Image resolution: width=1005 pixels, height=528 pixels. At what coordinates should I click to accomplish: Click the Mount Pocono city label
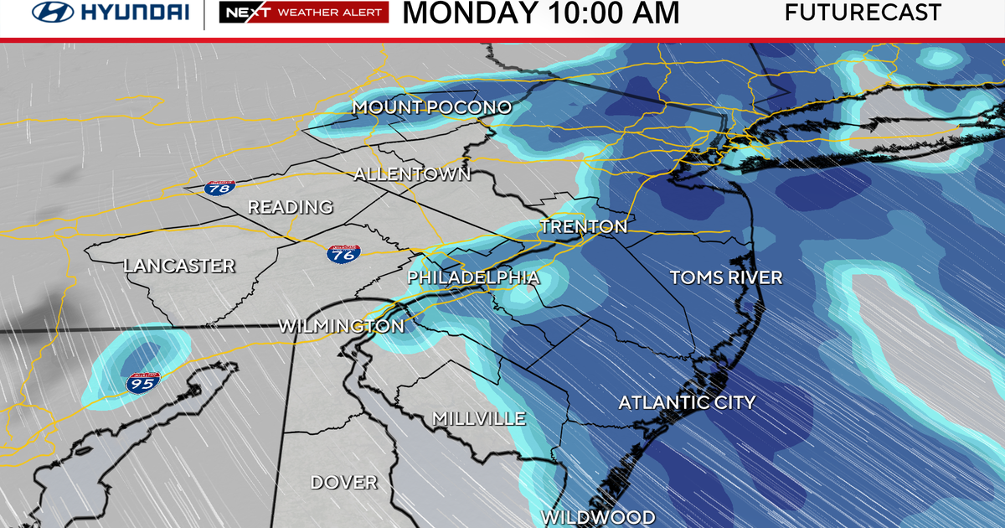click(431, 107)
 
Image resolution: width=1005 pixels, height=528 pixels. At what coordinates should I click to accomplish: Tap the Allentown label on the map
click(412, 174)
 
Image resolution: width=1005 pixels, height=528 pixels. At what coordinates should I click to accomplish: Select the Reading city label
click(290, 207)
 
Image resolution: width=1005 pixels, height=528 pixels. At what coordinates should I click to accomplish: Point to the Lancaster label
click(179, 266)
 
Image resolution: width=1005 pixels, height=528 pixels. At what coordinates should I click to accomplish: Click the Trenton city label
click(583, 226)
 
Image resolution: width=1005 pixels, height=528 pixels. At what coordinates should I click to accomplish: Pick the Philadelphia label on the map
click(473, 277)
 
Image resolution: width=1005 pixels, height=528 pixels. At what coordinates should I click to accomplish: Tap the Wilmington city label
click(341, 325)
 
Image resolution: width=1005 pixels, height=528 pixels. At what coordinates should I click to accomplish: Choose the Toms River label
click(726, 277)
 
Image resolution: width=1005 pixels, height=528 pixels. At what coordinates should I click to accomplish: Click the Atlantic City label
click(687, 403)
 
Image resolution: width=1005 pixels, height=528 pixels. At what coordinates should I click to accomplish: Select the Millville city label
click(478, 418)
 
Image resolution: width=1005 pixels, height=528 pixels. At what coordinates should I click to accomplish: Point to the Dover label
click(343, 483)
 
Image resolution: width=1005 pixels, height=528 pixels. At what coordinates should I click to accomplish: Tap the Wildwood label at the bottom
click(597, 517)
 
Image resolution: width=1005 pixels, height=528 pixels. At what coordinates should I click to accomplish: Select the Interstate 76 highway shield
click(343, 254)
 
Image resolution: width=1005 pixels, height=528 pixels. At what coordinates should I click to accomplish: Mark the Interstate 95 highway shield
click(139, 383)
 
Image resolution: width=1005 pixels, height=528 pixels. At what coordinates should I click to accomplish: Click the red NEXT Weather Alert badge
click(303, 13)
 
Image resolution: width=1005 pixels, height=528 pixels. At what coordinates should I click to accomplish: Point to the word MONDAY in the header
click(471, 13)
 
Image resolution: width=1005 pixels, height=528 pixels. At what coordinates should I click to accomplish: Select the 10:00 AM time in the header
click(613, 13)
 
